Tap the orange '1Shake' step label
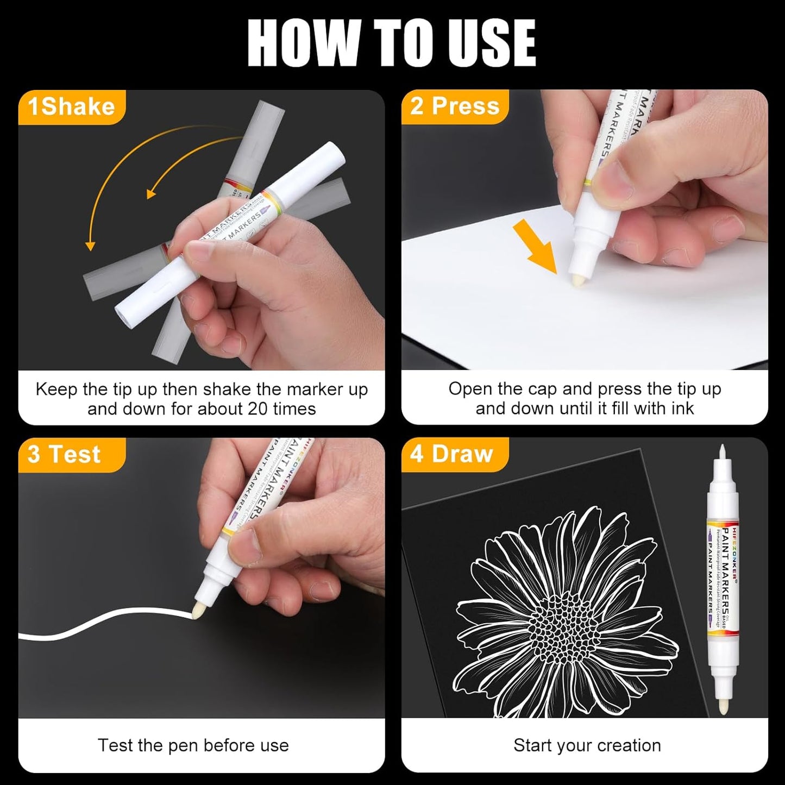(x=71, y=106)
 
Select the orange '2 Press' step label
(x=455, y=106)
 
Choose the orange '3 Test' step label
(x=65, y=454)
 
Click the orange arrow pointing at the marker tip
(x=535, y=244)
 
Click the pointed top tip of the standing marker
(x=722, y=451)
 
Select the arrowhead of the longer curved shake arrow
(x=90, y=246)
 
